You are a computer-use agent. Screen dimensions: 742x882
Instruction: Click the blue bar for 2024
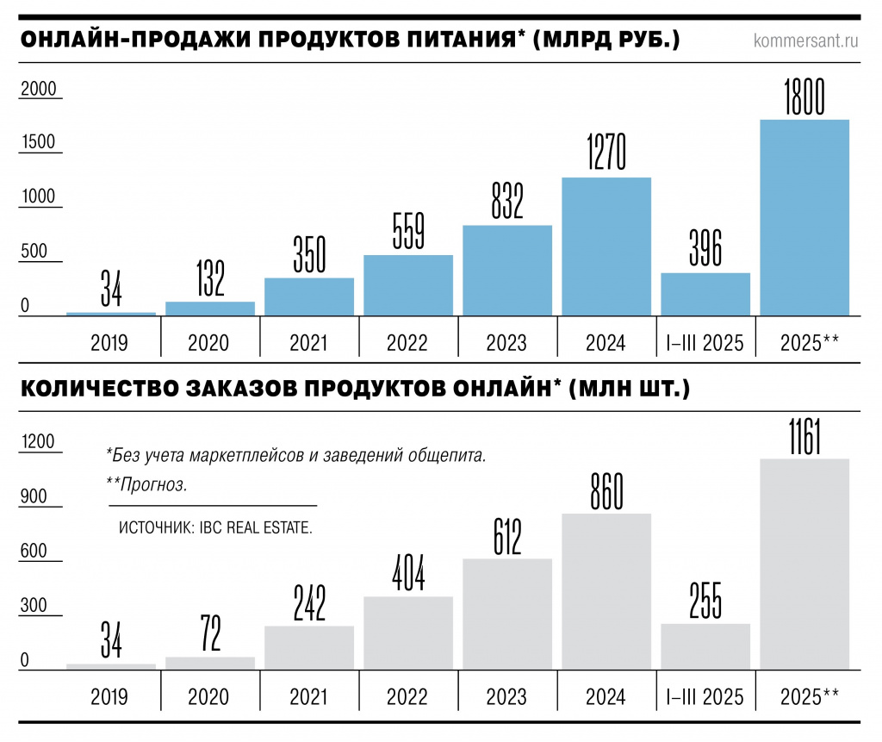pyautogui.click(x=606, y=246)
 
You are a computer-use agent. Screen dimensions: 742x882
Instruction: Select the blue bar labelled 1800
pyautogui.click(x=804, y=217)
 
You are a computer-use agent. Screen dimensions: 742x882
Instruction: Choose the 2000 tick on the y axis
pyautogui.click(x=38, y=89)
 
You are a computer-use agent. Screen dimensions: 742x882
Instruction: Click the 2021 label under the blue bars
pyautogui.click(x=308, y=343)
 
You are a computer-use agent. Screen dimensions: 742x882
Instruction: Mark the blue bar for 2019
pyautogui.click(x=110, y=314)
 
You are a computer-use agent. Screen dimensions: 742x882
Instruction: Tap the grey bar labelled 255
pyautogui.click(x=705, y=645)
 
